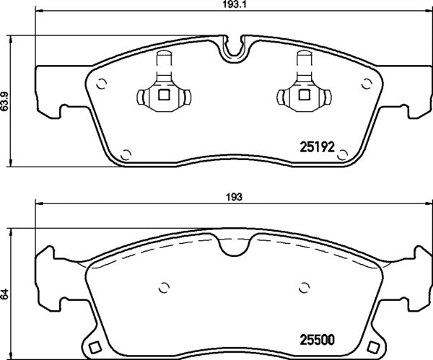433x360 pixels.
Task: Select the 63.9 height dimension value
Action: coord(5,102)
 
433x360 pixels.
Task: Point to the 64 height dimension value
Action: coord(5,294)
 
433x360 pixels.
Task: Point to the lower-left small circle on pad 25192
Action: coord(126,152)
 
